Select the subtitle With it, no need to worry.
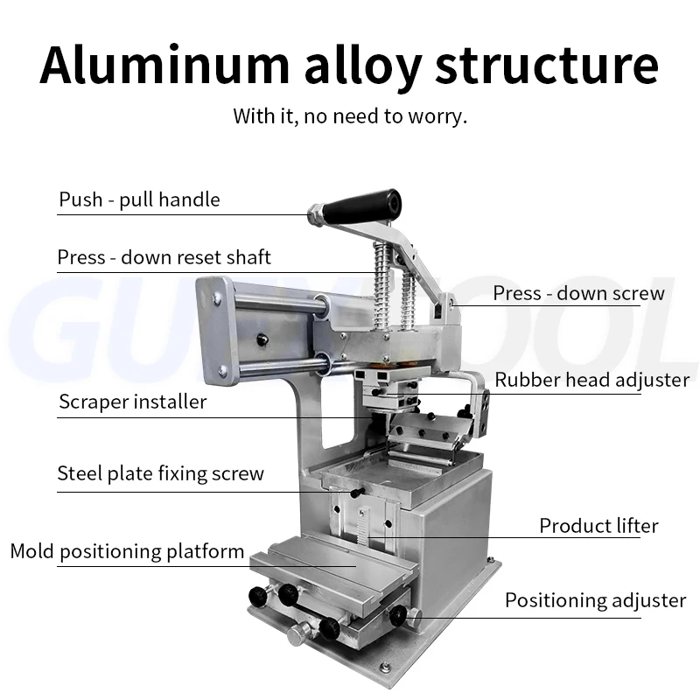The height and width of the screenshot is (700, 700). (x=350, y=115)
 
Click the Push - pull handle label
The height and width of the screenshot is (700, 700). (x=140, y=199)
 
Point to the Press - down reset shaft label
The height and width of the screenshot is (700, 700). (x=164, y=257)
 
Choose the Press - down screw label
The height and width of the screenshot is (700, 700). (x=578, y=293)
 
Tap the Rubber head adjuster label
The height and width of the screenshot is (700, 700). (x=592, y=380)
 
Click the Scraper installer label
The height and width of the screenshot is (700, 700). (x=133, y=402)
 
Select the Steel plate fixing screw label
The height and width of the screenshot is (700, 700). (x=160, y=474)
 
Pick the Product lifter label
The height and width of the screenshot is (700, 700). (x=598, y=526)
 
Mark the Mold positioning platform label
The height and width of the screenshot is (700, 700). (x=127, y=551)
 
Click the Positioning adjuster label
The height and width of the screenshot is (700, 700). (x=595, y=600)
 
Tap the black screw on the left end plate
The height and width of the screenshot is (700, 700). (x=260, y=339)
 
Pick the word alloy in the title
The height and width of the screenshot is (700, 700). (x=350, y=66)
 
